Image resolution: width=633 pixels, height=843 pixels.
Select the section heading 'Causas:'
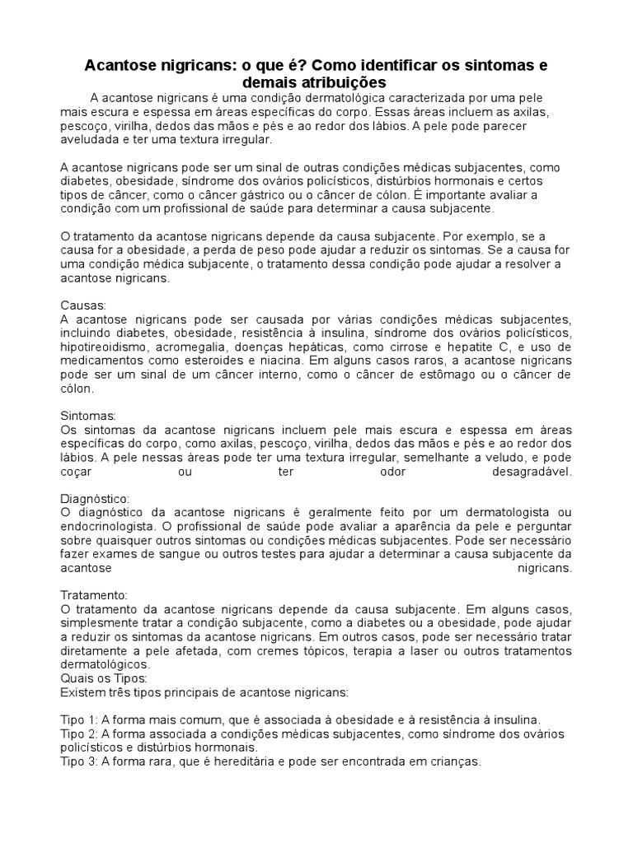84,305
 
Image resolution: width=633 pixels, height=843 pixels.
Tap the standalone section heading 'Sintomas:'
88,416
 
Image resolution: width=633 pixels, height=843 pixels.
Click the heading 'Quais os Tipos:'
104,678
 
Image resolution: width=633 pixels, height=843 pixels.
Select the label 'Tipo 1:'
80,719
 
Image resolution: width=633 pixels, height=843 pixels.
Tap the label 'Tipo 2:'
80,733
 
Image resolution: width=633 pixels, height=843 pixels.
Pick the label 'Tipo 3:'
80,761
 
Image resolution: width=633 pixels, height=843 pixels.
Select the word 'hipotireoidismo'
105,347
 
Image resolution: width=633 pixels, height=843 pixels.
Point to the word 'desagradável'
532,472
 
